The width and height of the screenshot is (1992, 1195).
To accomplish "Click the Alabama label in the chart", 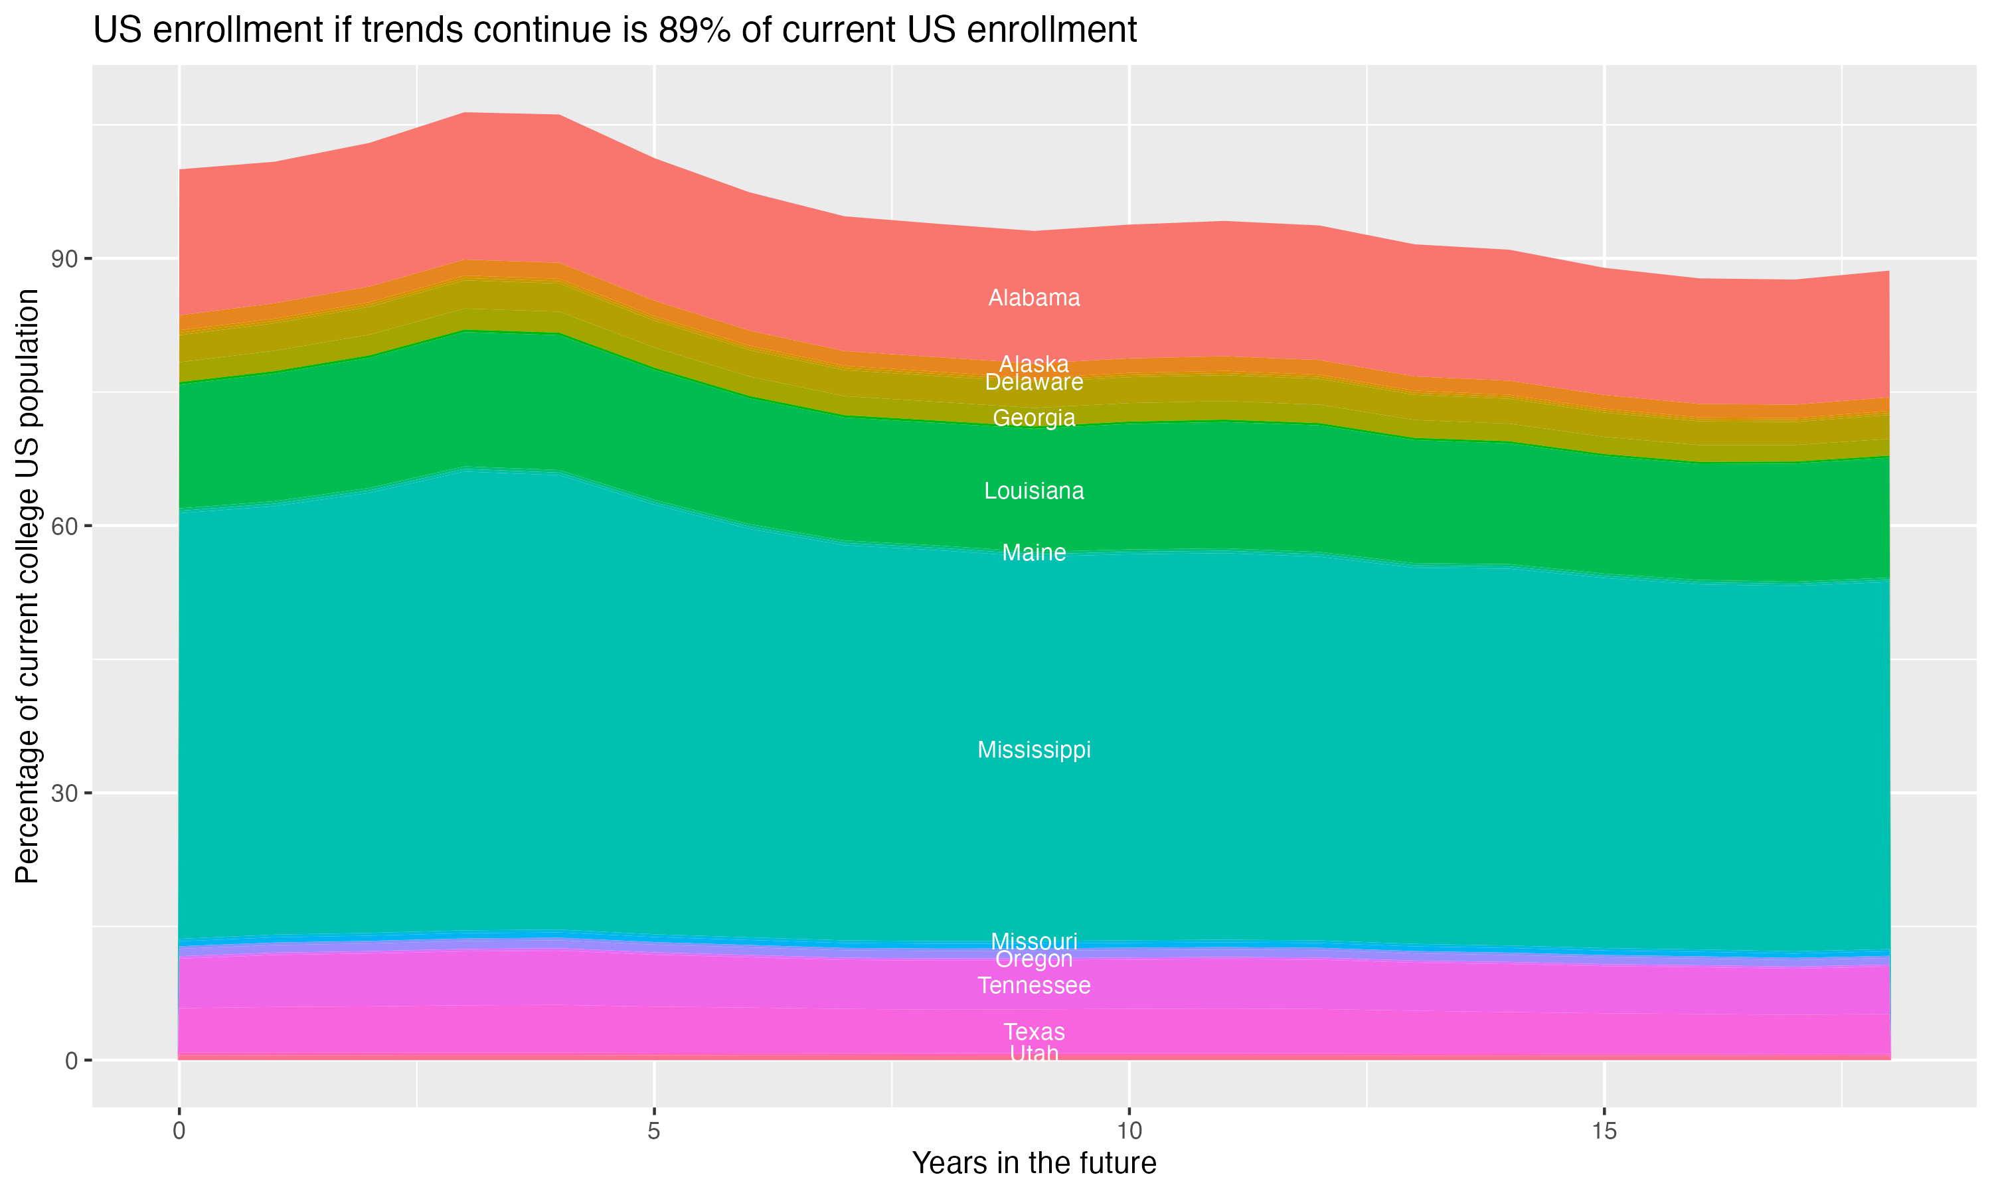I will (1034, 298).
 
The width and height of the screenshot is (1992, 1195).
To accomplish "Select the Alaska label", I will (1034, 364).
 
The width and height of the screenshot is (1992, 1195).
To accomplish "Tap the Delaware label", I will (1034, 382).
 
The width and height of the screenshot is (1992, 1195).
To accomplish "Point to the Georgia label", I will (1034, 418).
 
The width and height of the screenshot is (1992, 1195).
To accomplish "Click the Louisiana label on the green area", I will (1034, 491).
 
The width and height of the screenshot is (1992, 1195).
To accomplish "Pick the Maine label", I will (1034, 552).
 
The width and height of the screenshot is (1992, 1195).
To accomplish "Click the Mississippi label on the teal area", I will (1034, 750).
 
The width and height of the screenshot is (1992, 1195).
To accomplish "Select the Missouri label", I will (1034, 941).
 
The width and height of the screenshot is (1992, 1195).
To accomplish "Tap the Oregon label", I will (1034, 959).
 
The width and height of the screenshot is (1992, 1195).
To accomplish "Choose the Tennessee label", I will (1034, 986).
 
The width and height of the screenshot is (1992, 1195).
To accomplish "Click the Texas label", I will (1034, 1032).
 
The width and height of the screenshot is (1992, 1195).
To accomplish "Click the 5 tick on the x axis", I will (654, 1131).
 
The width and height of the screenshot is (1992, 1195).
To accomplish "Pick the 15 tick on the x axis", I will (1604, 1131).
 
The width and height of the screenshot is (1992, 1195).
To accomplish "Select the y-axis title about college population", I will (28, 586).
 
